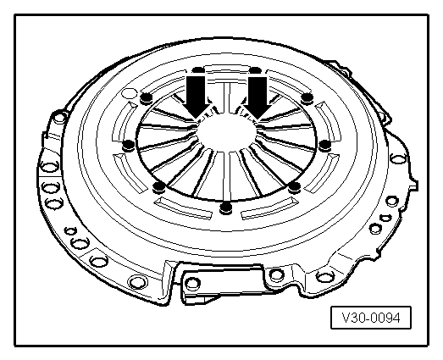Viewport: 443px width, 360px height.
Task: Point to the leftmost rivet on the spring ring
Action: coord(127,146)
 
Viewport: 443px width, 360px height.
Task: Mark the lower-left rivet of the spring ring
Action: coord(158,186)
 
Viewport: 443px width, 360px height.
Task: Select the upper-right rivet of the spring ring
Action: coord(307,100)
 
